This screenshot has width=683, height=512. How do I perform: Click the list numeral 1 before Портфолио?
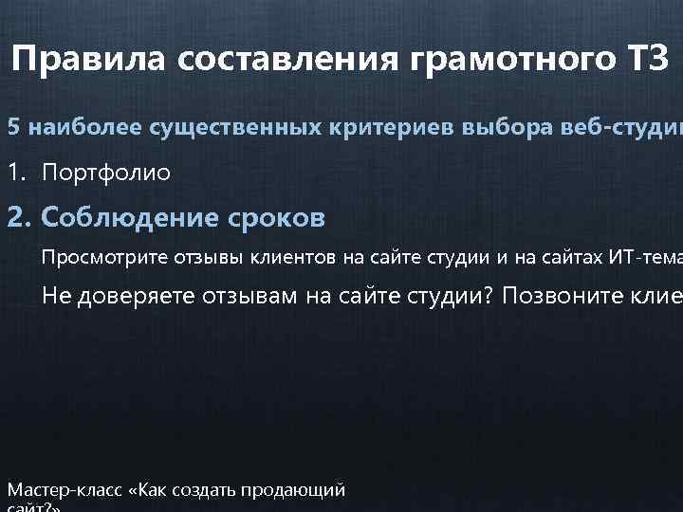(14, 173)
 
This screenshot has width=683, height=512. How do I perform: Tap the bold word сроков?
(280, 218)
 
